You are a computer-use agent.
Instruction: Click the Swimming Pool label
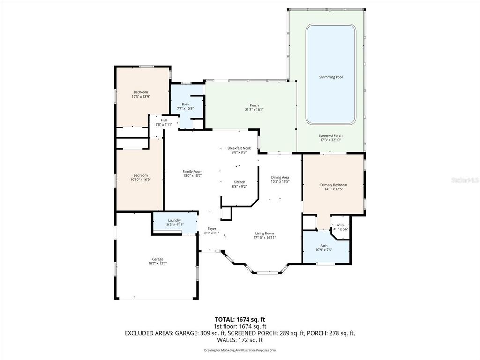tap(330, 77)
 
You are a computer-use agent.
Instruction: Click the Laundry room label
tap(174, 220)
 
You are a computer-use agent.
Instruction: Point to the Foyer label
tap(211, 229)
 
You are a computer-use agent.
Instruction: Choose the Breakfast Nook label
tap(239, 148)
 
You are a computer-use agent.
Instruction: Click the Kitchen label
tap(239, 182)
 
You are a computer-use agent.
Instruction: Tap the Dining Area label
tap(280, 177)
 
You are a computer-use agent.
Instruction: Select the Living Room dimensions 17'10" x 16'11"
tap(265, 238)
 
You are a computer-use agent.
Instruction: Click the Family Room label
tap(192, 172)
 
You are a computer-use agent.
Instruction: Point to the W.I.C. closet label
tap(340, 225)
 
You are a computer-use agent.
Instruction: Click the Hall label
tap(164, 120)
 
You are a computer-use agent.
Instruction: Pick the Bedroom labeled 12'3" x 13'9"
tap(141, 92)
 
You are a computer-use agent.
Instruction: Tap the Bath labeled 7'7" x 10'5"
tap(185, 104)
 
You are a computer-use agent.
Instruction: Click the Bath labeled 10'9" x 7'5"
tap(324, 246)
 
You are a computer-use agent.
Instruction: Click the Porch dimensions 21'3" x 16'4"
tap(254, 110)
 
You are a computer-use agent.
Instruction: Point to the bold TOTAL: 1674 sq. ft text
tap(240, 319)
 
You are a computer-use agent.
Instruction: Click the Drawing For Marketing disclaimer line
tap(240, 350)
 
